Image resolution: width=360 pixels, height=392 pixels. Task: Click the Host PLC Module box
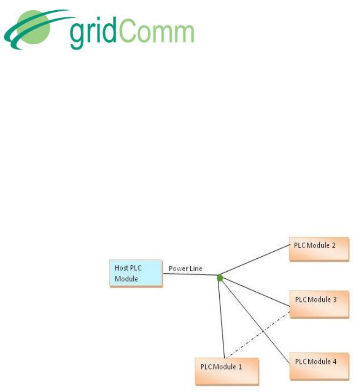pos(136,273)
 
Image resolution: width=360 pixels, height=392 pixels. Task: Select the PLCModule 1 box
pos(226,371)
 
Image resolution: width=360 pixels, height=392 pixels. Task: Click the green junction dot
pos(220,278)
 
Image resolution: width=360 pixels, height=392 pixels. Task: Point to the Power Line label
pos(185,269)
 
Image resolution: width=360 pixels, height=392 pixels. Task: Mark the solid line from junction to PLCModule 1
pos(222,317)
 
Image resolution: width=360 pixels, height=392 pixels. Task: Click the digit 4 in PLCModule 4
pos(333,361)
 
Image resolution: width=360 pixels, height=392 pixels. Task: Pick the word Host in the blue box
pos(122,268)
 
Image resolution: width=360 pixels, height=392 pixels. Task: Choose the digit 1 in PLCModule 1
pos(240,366)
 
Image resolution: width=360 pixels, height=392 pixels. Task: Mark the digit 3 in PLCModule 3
pos(334,300)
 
